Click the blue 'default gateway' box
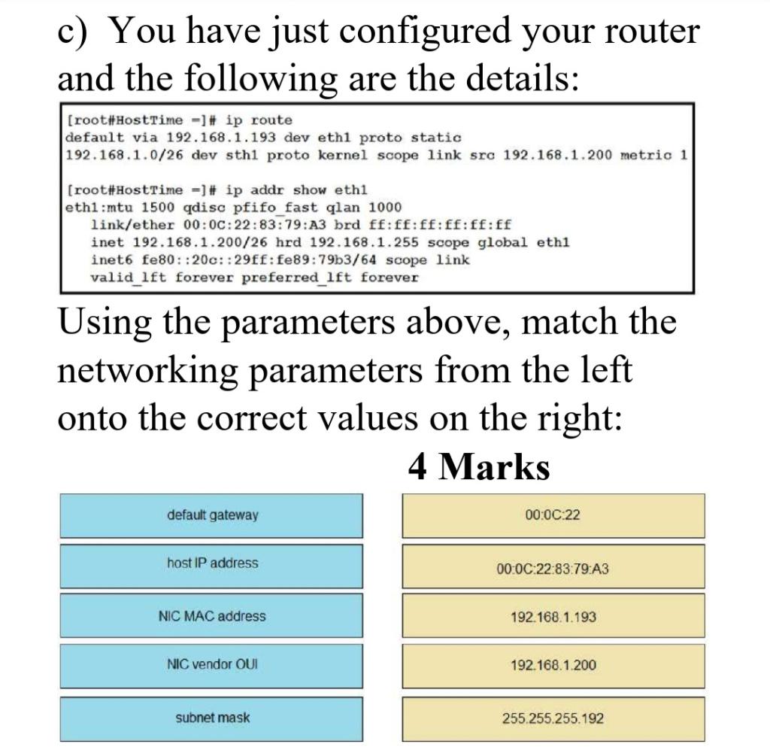point(211,515)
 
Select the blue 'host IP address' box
point(211,563)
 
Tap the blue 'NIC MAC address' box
point(211,616)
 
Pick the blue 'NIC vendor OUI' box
point(211,665)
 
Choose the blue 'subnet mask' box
point(211,718)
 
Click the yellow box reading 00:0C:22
point(553,515)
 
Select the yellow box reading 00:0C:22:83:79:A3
point(553,568)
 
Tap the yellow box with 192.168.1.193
point(553,617)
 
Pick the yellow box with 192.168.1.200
point(553,666)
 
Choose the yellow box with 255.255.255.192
point(553,718)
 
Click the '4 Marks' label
point(479,467)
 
